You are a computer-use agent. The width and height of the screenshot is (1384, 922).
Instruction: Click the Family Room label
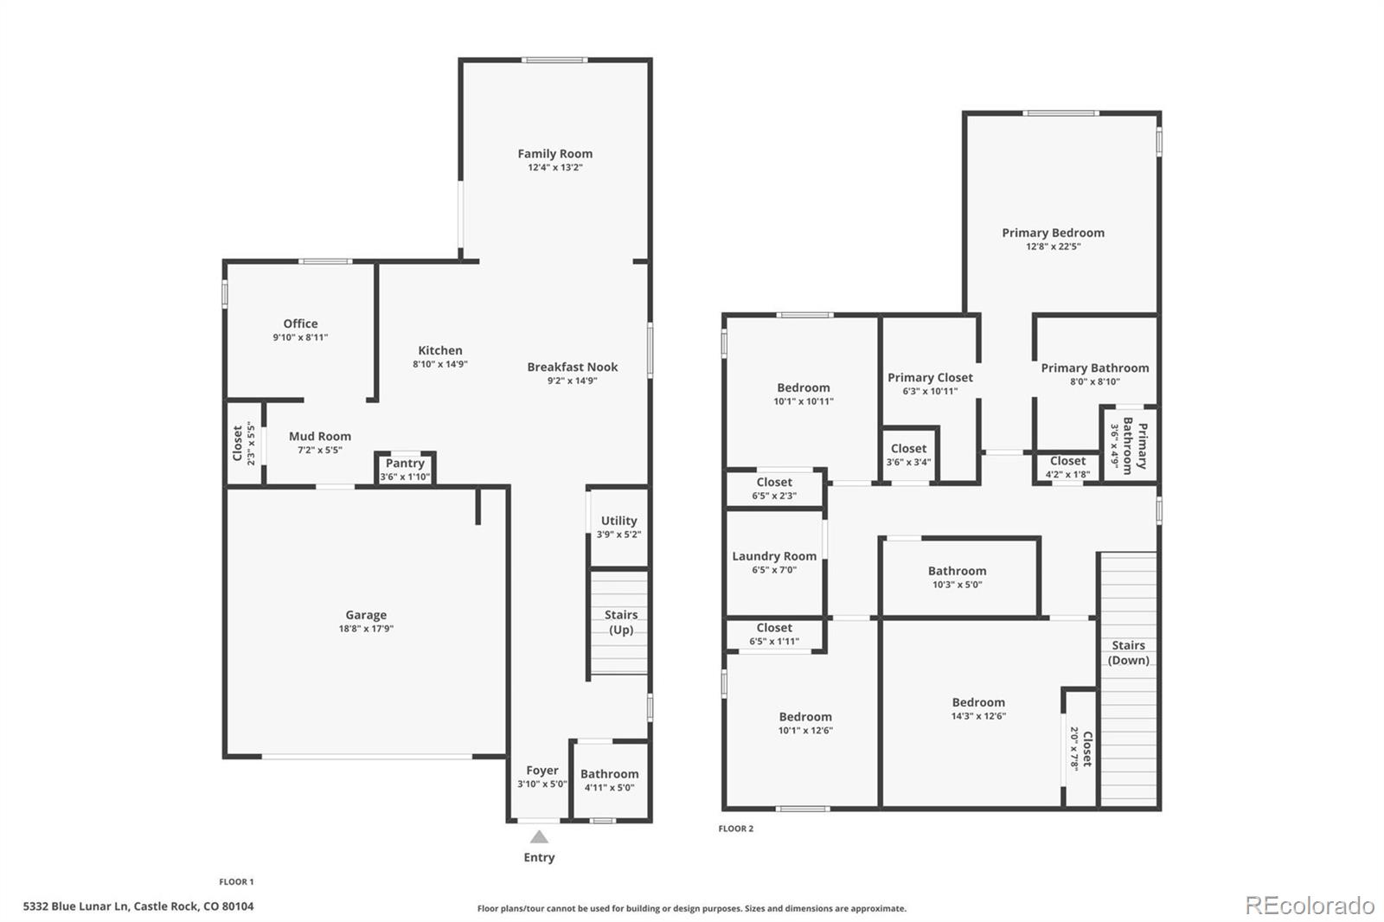(x=555, y=154)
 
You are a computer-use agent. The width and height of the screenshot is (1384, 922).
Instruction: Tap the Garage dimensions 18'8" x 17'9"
(x=366, y=629)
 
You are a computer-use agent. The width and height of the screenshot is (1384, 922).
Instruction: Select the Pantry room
(x=405, y=469)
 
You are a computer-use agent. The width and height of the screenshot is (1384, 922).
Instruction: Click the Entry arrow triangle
(x=539, y=836)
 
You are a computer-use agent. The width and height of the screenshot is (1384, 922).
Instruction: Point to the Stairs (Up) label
(x=620, y=622)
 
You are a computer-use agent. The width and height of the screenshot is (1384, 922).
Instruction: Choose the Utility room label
(x=618, y=521)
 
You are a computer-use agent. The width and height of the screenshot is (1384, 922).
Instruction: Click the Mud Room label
(x=320, y=436)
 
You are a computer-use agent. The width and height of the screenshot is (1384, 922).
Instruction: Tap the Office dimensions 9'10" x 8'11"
(x=300, y=337)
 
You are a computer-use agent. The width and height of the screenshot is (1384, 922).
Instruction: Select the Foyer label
(x=542, y=770)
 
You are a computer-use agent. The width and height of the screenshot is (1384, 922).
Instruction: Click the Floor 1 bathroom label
(x=609, y=774)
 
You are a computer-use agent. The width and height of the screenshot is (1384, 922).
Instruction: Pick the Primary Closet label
(x=930, y=377)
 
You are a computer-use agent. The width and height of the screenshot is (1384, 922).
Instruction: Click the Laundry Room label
(x=774, y=556)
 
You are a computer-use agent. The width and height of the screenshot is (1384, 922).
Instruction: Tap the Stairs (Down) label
(x=1128, y=652)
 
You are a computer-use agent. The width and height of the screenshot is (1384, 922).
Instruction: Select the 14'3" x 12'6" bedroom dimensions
(x=978, y=716)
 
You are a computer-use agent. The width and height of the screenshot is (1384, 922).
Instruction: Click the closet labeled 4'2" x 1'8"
(x=1067, y=467)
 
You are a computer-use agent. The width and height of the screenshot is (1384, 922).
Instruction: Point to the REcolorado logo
(x=1309, y=906)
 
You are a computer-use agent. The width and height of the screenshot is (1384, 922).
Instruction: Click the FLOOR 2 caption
(x=735, y=829)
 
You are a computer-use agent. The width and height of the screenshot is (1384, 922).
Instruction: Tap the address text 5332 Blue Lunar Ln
(x=138, y=906)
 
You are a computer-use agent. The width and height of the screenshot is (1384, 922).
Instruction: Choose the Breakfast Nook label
(x=573, y=367)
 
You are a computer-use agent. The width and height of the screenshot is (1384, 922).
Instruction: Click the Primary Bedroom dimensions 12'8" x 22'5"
(x=1053, y=247)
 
